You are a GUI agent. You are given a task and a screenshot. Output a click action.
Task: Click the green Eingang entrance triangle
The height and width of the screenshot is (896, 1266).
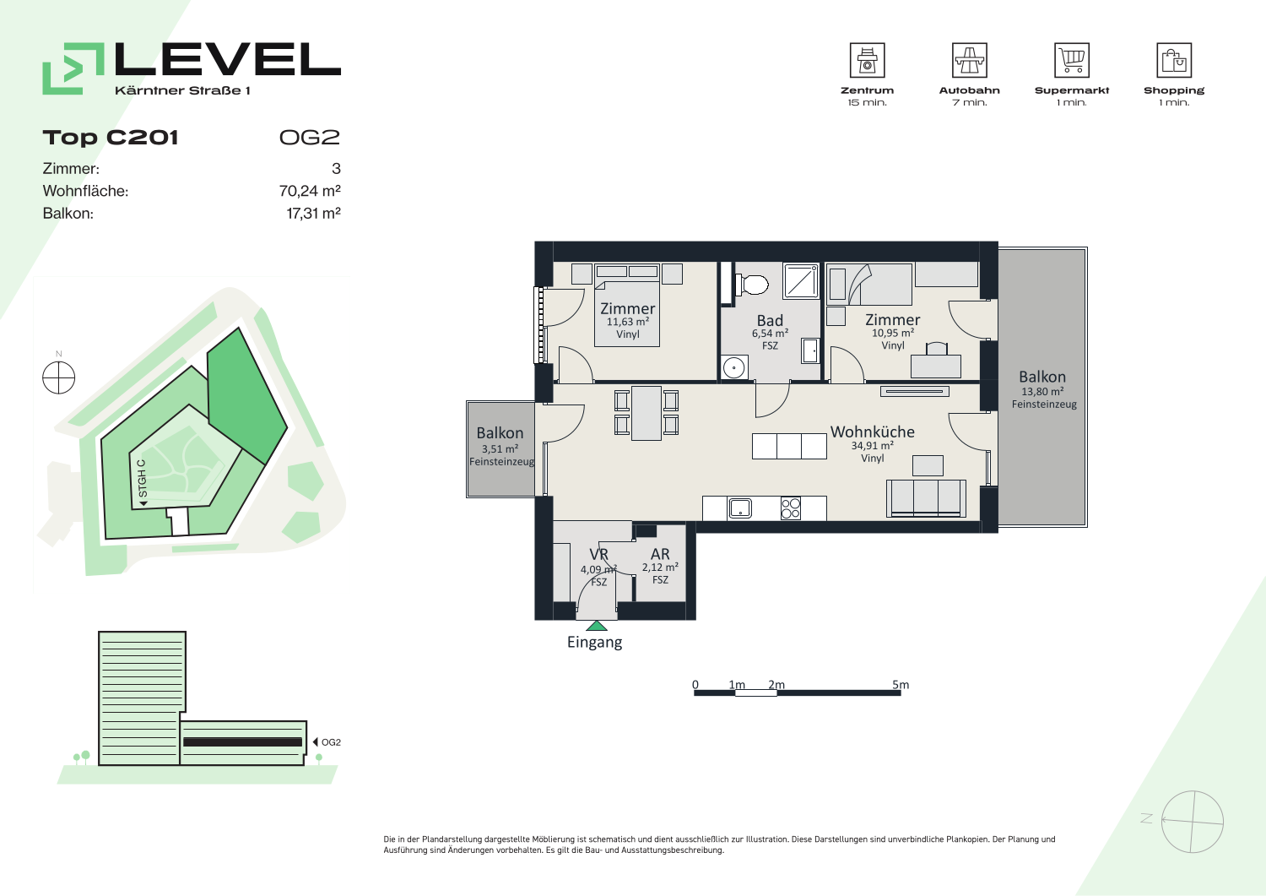coord(596,626)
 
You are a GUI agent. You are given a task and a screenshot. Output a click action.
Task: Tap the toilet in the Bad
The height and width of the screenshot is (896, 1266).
coord(751,284)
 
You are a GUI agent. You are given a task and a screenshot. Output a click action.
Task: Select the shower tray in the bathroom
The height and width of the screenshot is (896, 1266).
coord(800,281)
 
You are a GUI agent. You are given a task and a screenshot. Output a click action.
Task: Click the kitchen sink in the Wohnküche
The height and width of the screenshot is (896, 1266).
coord(740,508)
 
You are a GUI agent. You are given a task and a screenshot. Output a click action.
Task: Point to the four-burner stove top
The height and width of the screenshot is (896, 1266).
coord(790,508)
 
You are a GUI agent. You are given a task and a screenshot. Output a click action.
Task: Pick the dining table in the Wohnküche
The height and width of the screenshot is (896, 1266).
coord(647,413)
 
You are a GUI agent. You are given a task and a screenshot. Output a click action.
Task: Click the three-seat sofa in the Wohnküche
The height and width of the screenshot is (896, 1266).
coord(926,498)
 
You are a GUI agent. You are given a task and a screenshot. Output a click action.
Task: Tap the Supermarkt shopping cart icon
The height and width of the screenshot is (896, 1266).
coord(1072,60)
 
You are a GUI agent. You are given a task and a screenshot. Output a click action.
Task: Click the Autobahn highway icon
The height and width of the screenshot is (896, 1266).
coord(969,60)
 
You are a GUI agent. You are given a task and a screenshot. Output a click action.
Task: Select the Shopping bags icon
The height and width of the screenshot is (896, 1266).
coord(1174,60)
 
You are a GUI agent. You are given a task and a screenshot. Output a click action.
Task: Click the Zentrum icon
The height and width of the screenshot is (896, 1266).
coord(867,60)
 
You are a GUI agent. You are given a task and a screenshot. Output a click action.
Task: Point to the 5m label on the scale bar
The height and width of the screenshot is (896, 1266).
coord(901,684)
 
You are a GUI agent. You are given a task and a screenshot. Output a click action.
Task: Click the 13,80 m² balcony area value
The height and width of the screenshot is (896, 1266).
coord(1042,392)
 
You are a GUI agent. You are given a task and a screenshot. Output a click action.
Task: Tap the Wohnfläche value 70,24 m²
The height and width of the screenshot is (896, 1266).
coord(310,191)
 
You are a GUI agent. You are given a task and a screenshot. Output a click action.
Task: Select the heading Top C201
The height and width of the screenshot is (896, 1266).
coord(111,138)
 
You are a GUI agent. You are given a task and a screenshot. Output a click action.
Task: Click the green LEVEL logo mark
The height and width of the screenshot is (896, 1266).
coord(73,68)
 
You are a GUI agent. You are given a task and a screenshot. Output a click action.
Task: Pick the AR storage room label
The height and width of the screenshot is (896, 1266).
coord(660,554)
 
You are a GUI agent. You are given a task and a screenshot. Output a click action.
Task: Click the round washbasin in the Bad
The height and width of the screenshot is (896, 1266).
coord(733,368)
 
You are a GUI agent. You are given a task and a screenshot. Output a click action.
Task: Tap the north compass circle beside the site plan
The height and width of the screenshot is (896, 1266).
coord(59,377)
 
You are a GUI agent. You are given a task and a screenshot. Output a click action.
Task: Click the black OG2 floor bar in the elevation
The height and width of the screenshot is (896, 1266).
coord(242,742)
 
